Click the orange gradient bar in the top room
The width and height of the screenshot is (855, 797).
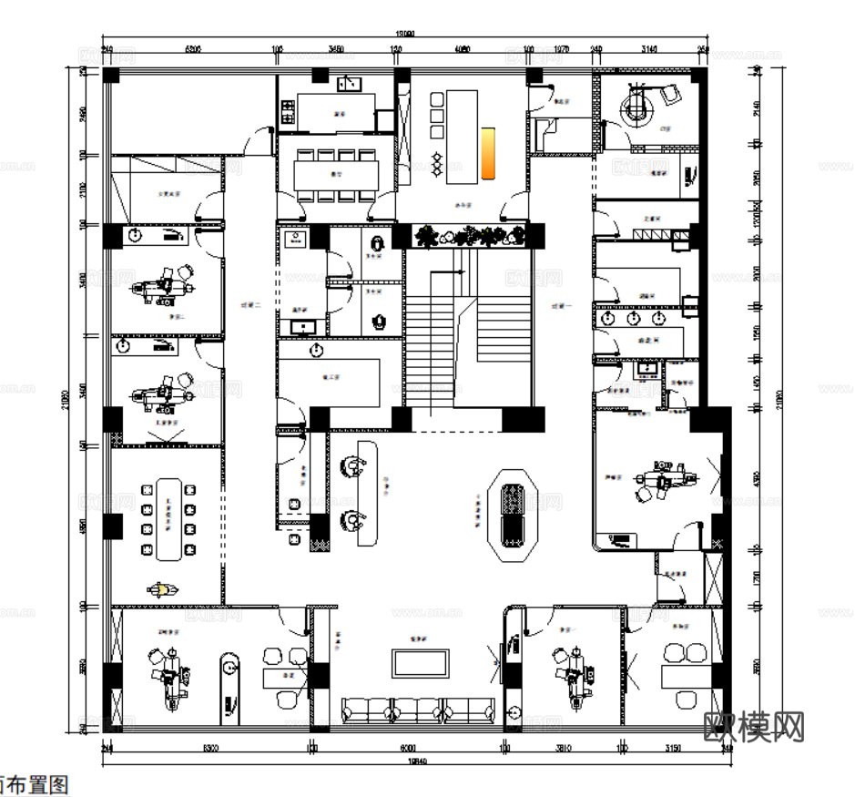[488, 151]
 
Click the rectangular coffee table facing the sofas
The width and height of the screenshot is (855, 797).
[419, 662]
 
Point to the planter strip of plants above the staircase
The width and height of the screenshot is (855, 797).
[469, 237]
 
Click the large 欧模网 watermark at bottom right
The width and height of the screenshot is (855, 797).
[755, 726]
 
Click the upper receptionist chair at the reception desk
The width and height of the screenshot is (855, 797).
[351, 466]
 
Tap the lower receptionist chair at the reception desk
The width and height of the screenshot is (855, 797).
[351, 520]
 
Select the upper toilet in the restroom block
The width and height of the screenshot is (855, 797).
[378, 244]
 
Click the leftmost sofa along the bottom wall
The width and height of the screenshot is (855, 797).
[364, 709]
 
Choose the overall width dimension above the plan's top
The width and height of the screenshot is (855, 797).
[402, 34]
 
